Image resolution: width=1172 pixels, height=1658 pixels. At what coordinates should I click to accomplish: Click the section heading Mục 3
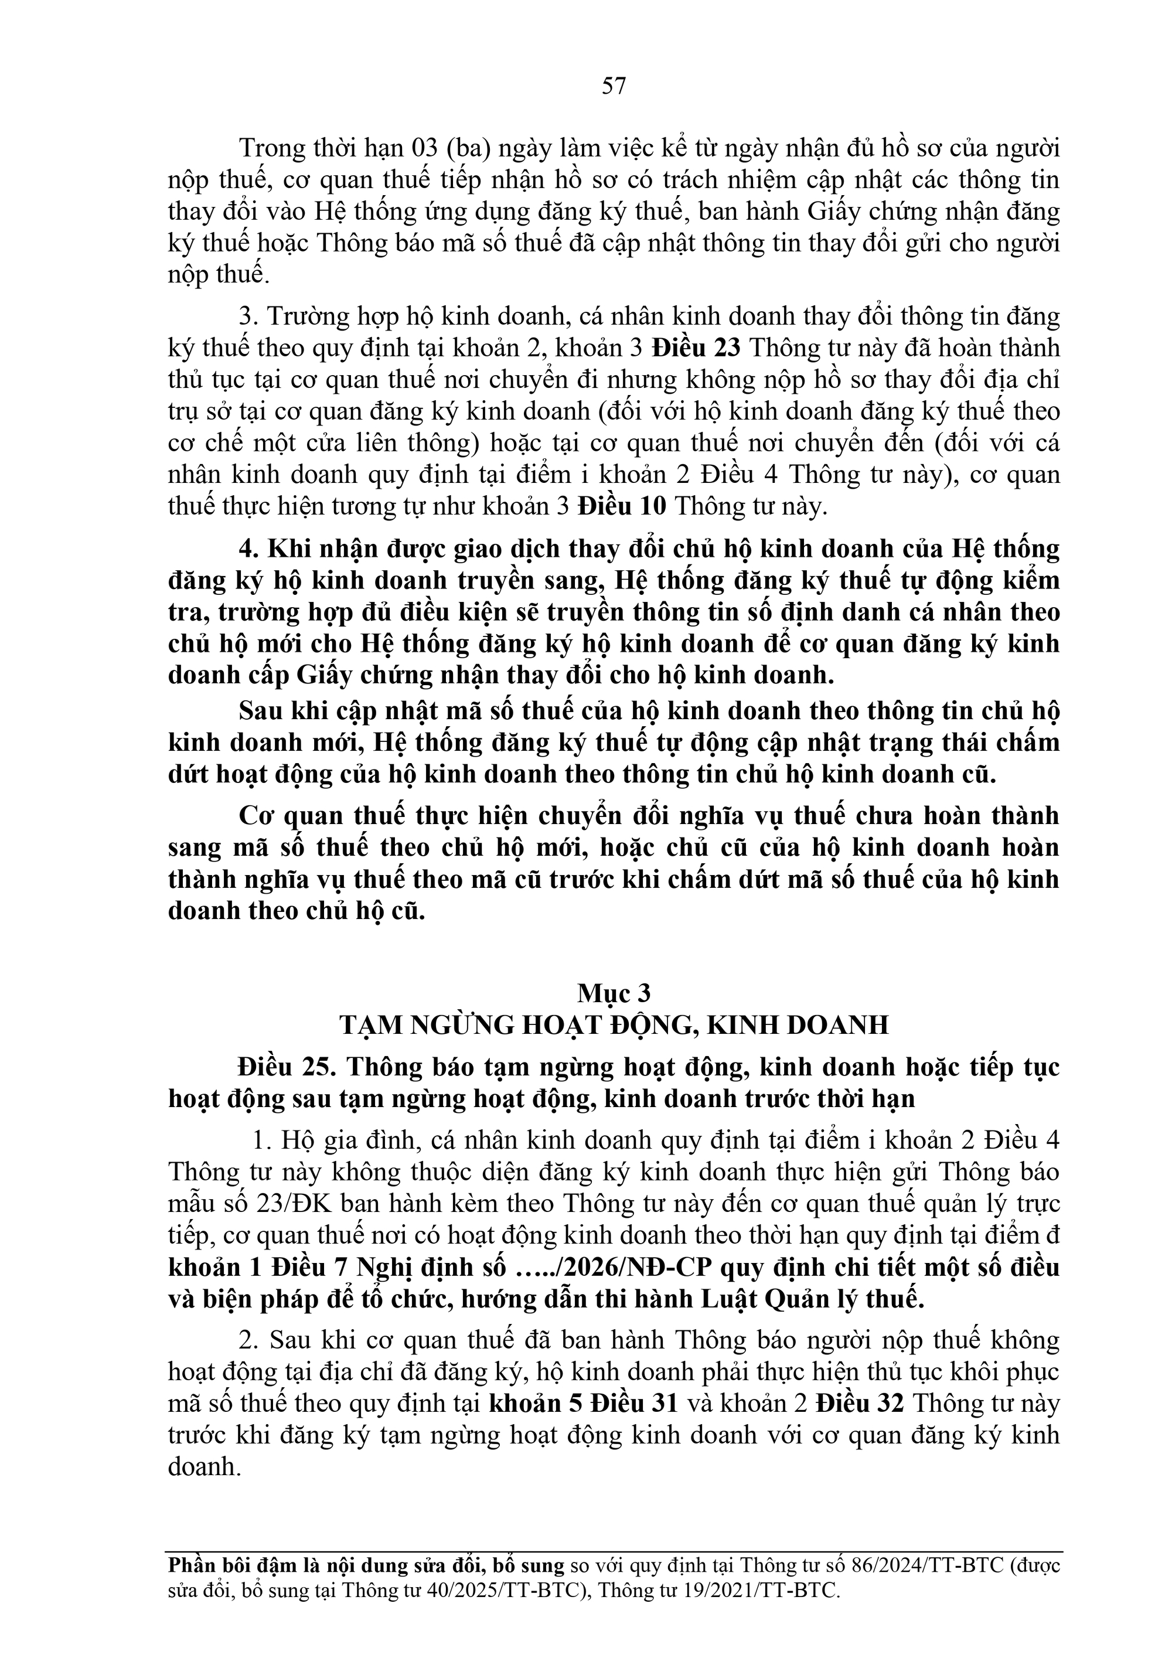[x=613, y=995]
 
